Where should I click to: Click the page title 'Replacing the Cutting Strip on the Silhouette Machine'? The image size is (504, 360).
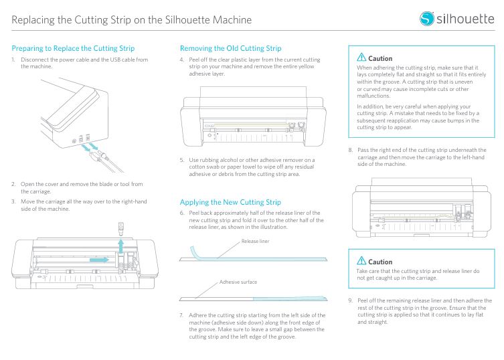131,19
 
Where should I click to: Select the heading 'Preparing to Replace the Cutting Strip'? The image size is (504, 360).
73,48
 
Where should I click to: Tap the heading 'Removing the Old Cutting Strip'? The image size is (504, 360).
230,48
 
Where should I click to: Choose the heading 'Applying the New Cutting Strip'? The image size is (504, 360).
230,201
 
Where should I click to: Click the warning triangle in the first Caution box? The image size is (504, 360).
361,58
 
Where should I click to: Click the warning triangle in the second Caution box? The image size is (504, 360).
361,261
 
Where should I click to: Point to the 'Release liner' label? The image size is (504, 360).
255,241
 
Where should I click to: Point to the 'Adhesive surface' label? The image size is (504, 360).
238,282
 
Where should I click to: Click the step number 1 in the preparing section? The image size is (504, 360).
13,60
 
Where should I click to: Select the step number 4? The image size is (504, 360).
182,60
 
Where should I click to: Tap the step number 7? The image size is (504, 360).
182,314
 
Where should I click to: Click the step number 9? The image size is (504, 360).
351,300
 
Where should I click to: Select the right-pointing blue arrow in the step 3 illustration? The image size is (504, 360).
98,257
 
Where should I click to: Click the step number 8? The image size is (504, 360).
351,150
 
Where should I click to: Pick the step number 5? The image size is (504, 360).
182,160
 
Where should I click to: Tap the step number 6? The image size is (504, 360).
182,213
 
